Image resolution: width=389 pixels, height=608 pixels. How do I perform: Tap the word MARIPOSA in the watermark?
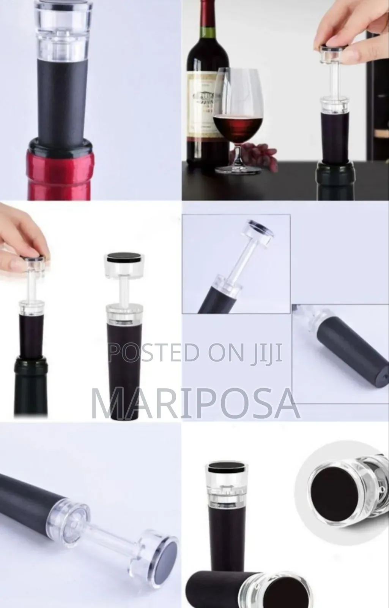click(x=196, y=402)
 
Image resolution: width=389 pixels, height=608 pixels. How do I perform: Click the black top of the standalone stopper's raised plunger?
click(x=123, y=258)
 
